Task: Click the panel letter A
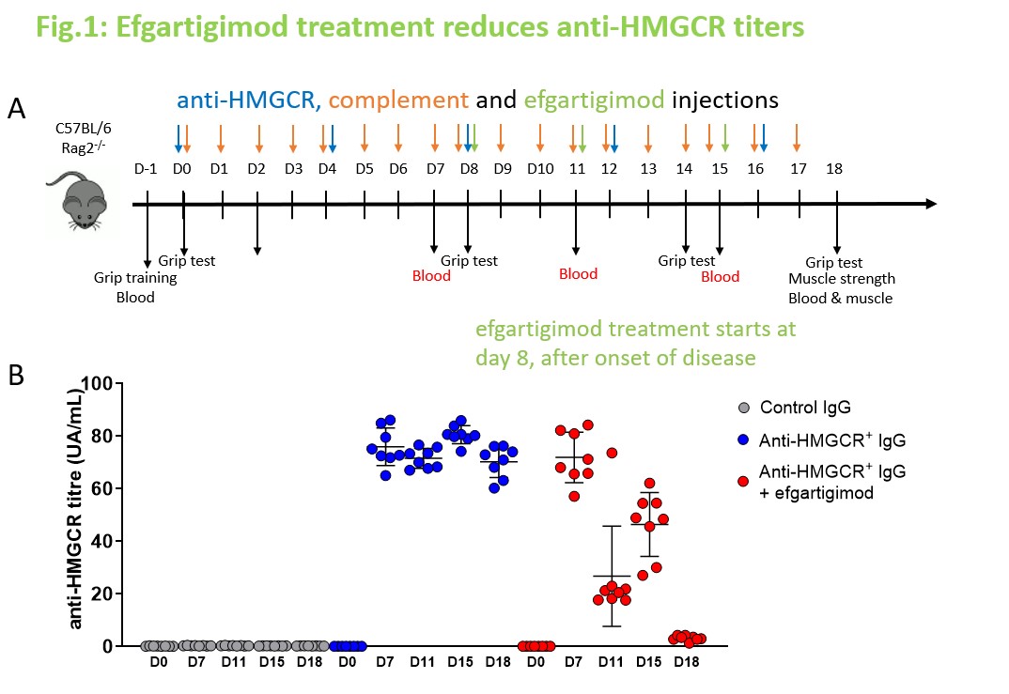click(17, 110)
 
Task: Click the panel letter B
click(17, 376)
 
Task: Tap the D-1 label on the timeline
click(145, 169)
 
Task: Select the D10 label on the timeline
click(539, 169)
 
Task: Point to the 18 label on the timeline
click(833, 169)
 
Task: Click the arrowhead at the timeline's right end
click(930, 204)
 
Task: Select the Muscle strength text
click(842, 279)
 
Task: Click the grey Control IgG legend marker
click(743, 409)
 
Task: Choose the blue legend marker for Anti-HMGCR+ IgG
click(743, 439)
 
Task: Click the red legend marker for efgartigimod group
click(743, 481)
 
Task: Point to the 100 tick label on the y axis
click(97, 384)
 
